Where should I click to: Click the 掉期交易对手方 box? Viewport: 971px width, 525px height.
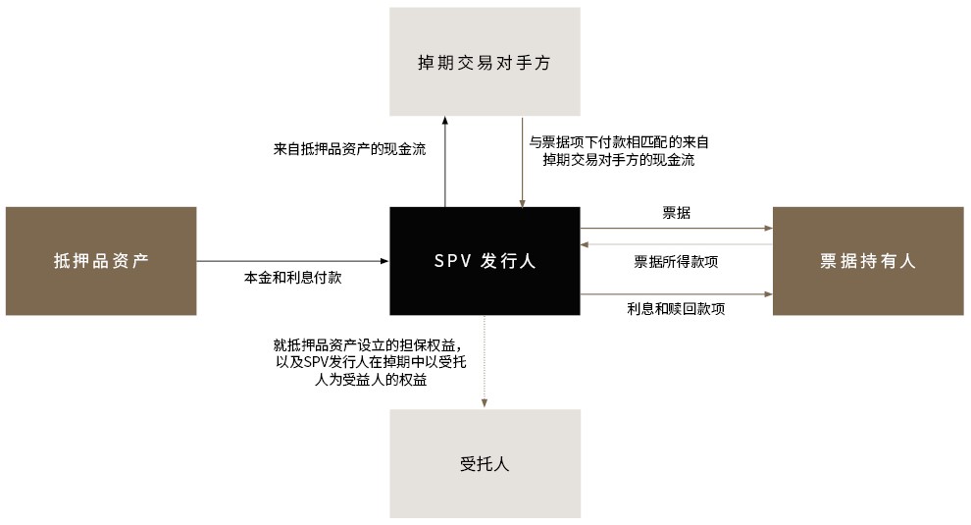[485, 62]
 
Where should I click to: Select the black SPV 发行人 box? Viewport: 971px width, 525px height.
[485, 261]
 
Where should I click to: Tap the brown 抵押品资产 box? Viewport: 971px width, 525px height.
[101, 261]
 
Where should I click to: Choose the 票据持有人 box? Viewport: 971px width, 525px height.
[868, 261]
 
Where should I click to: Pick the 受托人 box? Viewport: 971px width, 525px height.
[485, 463]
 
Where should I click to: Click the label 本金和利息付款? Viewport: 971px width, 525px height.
[293, 277]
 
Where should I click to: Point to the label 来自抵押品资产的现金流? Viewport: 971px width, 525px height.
[350, 149]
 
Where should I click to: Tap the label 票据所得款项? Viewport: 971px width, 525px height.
[676, 262]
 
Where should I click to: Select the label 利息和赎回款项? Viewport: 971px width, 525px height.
[676, 309]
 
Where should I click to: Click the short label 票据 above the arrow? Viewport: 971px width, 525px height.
[676, 213]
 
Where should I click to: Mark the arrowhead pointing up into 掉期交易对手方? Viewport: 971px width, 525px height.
[444, 121]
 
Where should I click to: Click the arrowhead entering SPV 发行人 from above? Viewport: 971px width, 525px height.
[522, 203]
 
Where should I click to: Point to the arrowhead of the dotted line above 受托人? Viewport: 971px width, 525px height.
[485, 403]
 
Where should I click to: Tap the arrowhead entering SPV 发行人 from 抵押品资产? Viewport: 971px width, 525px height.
[384, 261]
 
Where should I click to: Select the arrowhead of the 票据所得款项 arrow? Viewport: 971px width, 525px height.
[585, 244]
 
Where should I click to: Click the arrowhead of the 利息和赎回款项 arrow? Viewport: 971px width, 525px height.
[769, 293]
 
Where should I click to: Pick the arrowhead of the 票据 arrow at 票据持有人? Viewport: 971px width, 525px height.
[769, 228]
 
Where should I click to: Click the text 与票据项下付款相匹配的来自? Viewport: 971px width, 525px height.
[619, 142]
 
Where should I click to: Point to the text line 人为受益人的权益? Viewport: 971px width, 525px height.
[371, 380]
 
